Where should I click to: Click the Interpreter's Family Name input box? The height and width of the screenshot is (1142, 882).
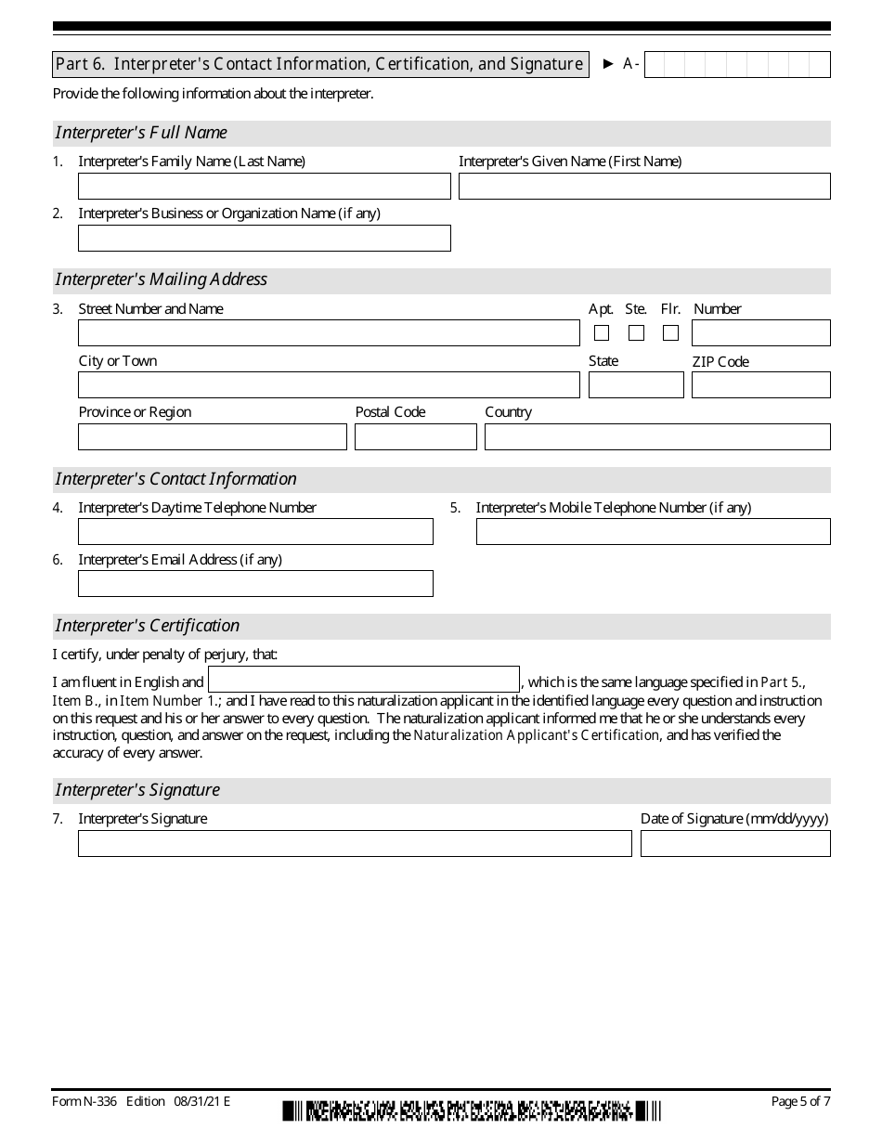tap(264, 187)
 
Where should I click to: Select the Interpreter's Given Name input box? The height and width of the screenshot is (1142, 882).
tap(644, 187)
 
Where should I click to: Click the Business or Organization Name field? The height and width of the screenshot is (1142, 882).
tap(264, 239)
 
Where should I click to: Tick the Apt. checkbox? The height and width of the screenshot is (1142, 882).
tap(602, 333)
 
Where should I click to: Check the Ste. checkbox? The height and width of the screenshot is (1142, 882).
tap(636, 333)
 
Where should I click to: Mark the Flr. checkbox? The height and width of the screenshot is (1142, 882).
tap(670, 333)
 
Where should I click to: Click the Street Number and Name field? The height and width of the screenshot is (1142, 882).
tap(329, 333)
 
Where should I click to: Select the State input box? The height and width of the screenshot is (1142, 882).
tap(636, 385)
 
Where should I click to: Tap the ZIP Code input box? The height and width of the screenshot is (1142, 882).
tap(760, 385)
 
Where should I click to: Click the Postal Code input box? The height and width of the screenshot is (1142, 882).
tap(415, 437)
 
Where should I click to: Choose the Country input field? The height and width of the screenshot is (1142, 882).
tap(657, 437)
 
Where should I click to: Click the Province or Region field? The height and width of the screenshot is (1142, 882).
tap(212, 437)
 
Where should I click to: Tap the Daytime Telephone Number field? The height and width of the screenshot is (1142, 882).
tap(255, 532)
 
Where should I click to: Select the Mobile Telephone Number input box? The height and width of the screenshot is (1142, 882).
tap(653, 532)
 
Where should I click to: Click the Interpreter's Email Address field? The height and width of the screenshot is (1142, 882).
tap(255, 584)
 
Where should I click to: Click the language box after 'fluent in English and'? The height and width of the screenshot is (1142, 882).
tap(363, 680)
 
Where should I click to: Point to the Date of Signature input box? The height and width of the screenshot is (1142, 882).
tap(735, 844)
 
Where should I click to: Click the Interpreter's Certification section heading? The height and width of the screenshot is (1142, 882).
tap(148, 626)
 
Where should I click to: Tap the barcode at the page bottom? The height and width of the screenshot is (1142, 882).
tap(472, 1110)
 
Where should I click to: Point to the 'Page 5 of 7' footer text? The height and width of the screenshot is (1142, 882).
tap(800, 1102)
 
